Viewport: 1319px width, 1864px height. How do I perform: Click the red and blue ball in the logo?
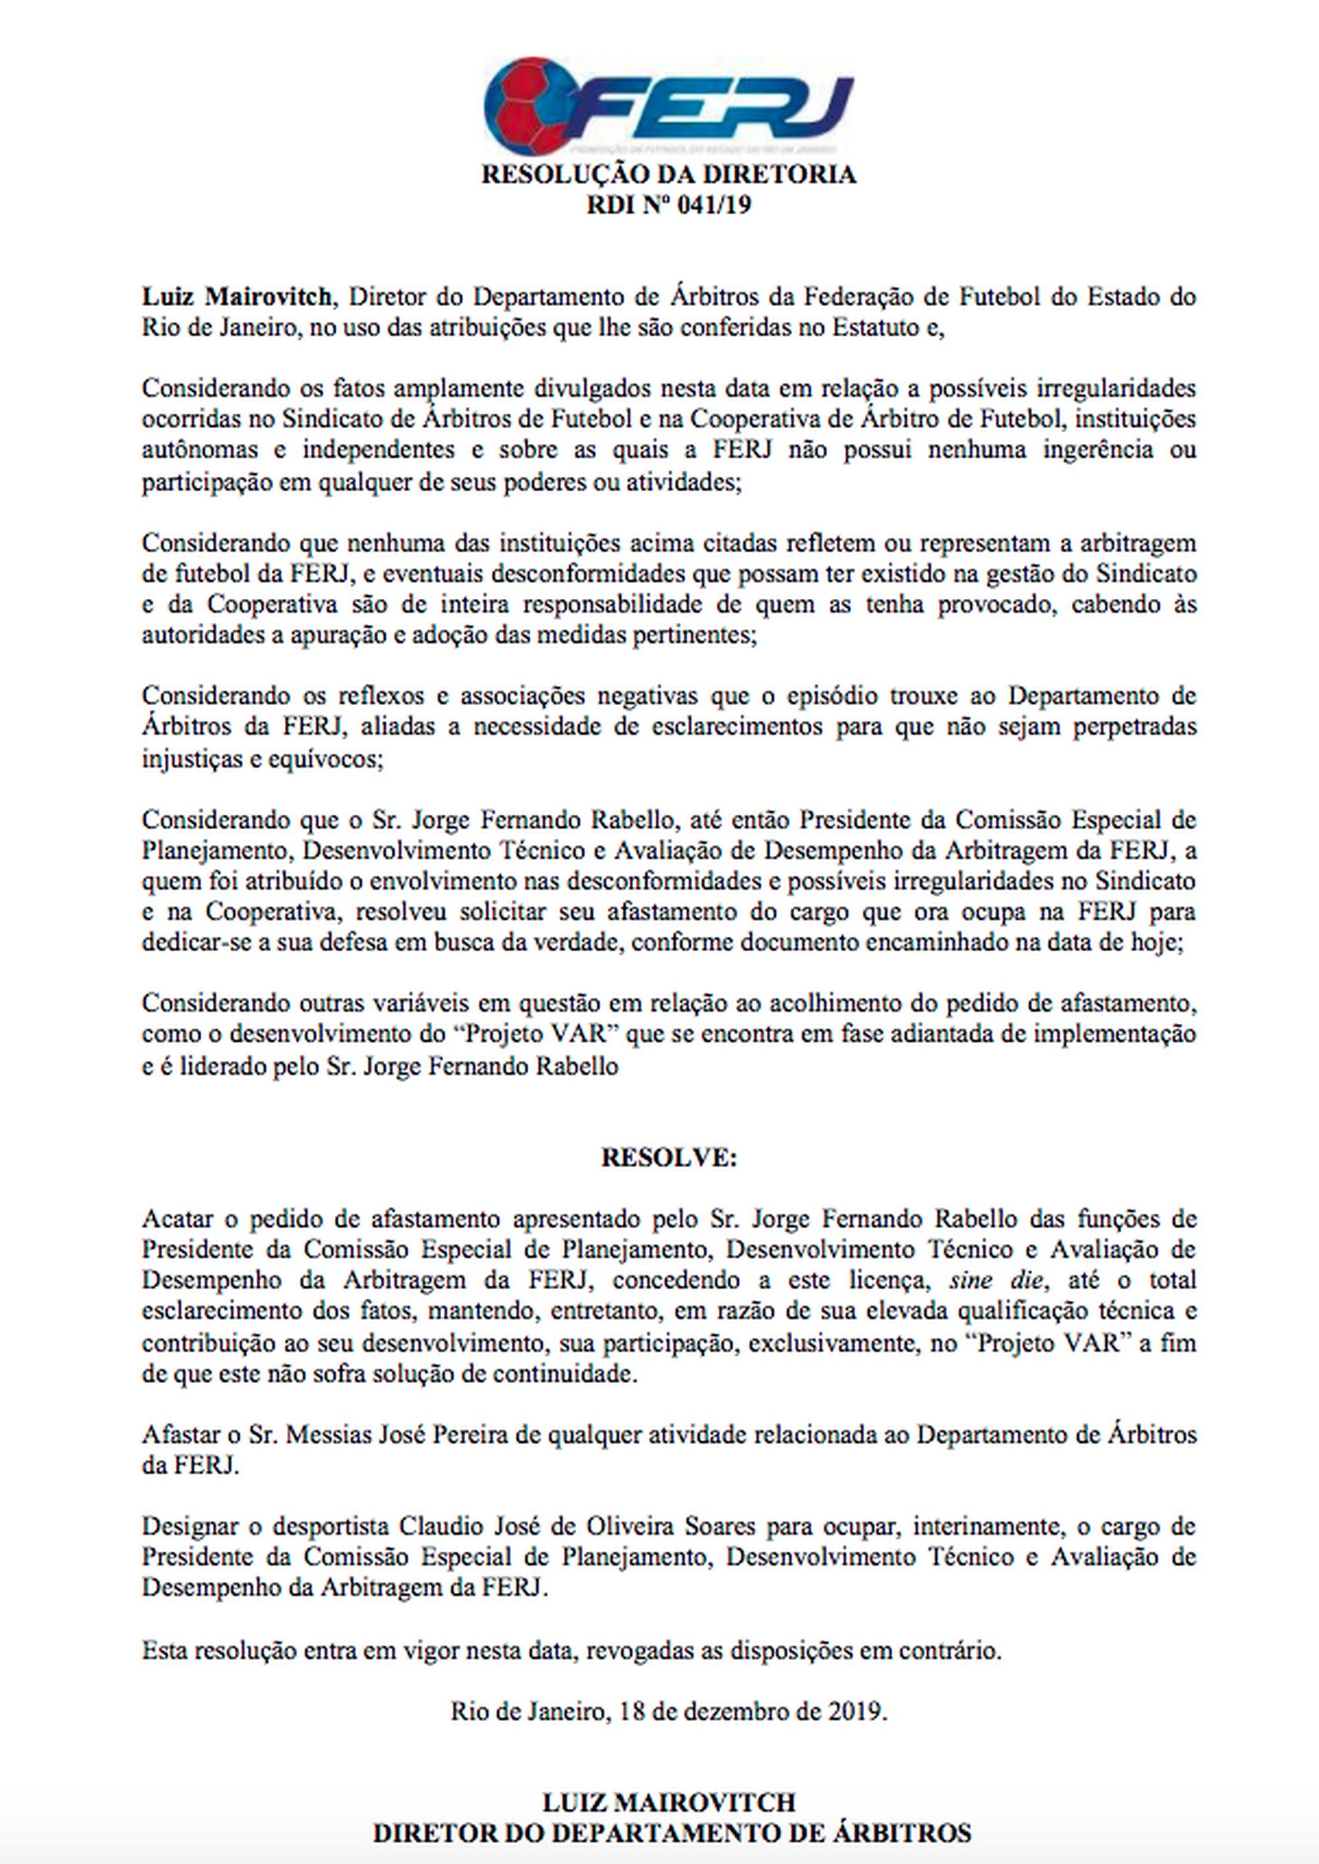point(528,106)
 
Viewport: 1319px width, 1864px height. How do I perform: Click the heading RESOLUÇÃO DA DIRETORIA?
point(669,175)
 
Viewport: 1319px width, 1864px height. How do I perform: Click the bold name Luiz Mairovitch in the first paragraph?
point(236,296)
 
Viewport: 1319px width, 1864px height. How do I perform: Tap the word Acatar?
point(179,1219)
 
